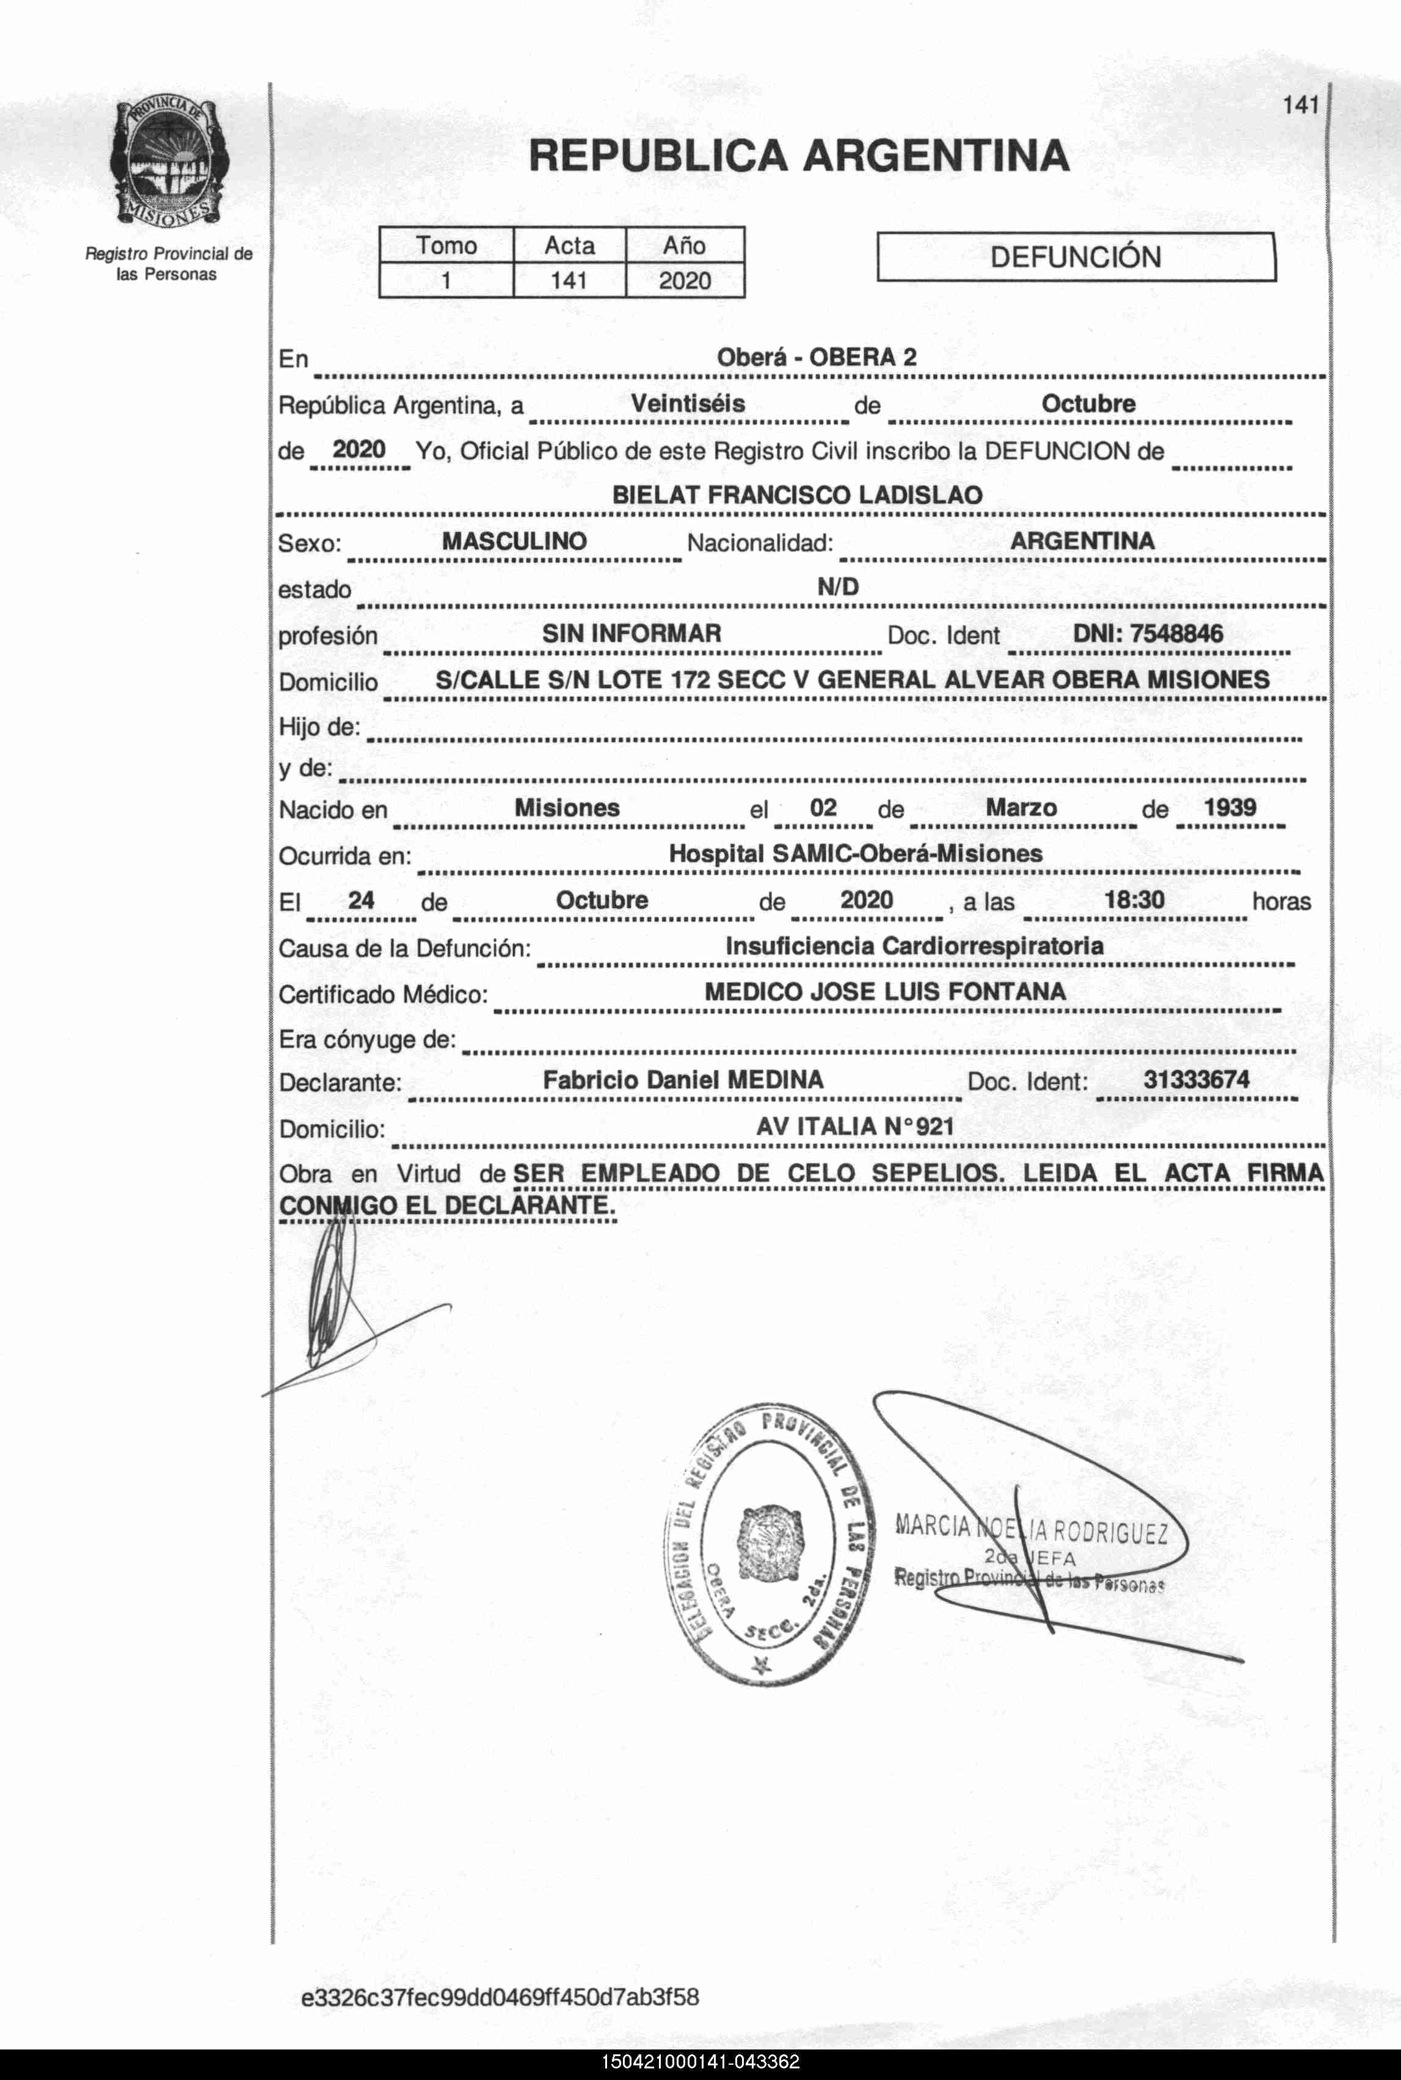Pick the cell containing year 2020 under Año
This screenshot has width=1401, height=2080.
pos(685,280)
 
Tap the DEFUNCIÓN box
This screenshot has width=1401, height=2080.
pos(1075,257)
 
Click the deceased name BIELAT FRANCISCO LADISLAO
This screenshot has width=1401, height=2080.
pos(797,495)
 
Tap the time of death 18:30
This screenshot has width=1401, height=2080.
pos(1134,900)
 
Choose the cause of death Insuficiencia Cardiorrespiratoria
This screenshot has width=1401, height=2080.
pos(914,946)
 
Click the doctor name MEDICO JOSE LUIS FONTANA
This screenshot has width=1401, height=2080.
pos(884,992)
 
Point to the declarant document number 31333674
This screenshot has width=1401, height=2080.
pos(1196,1079)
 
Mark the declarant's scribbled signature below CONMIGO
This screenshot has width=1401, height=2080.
pos(335,1304)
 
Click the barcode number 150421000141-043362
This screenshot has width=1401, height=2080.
pos(700,2062)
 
